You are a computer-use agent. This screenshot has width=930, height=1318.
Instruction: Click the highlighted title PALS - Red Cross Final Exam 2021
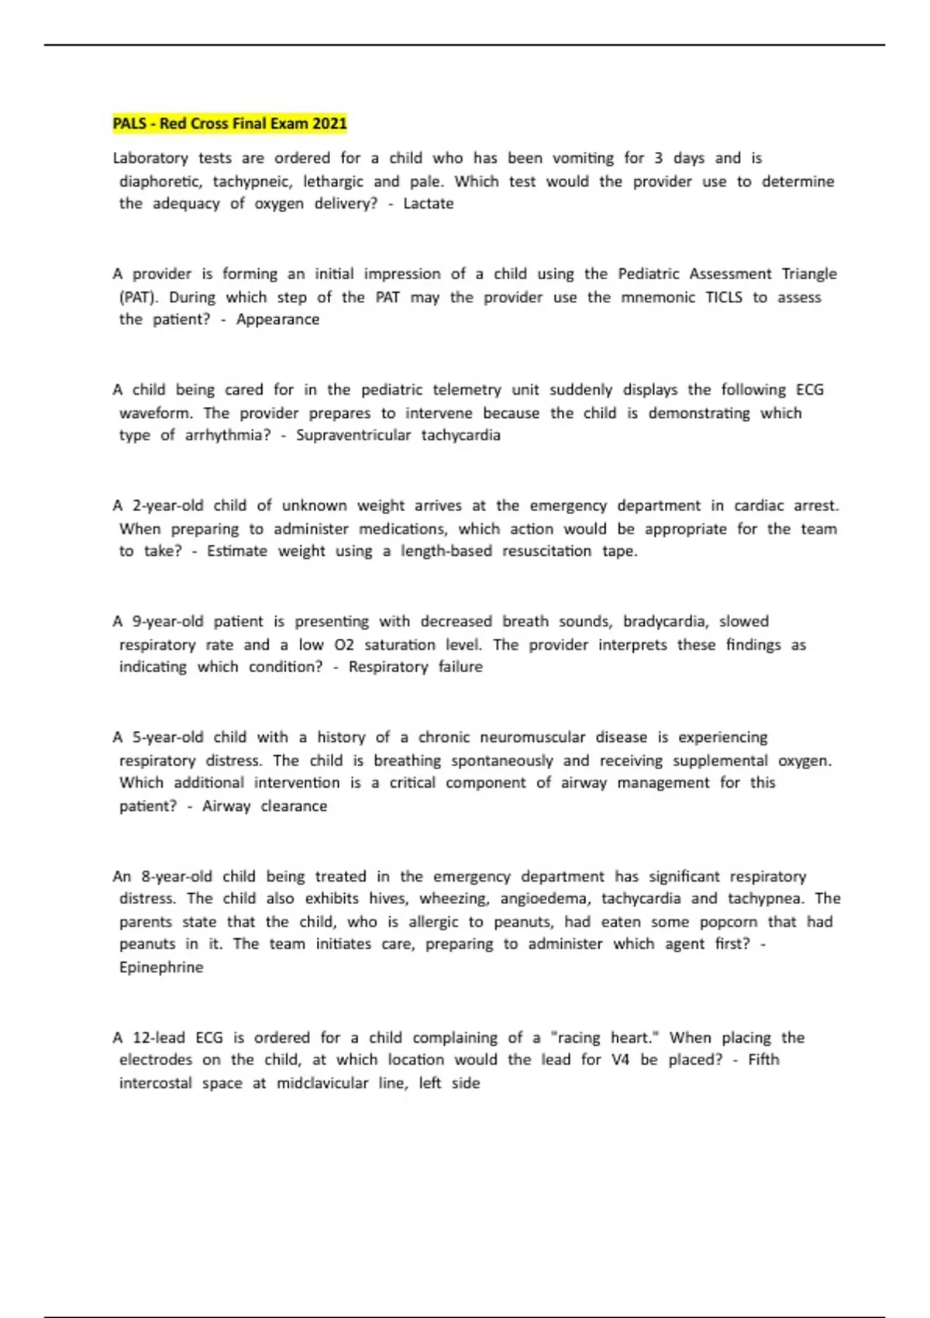click(x=229, y=123)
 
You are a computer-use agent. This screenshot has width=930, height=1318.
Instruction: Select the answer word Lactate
click(x=428, y=204)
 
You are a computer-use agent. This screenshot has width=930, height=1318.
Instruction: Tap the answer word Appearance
click(x=277, y=319)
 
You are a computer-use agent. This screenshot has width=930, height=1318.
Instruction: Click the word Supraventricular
click(x=353, y=435)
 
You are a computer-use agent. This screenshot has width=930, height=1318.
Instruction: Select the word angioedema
click(x=544, y=899)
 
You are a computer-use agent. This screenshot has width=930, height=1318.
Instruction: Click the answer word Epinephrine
click(x=161, y=968)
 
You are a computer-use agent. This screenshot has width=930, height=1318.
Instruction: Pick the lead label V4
click(x=620, y=1060)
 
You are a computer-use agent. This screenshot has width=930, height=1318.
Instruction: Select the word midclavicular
click(x=322, y=1083)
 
